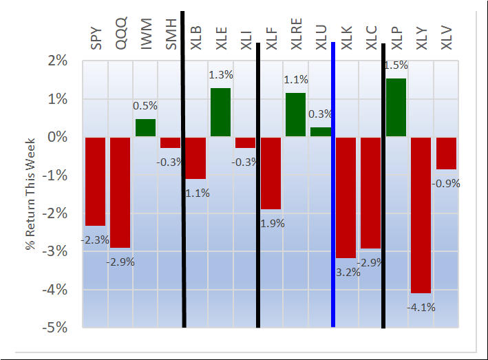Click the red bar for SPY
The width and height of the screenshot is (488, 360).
(x=95, y=181)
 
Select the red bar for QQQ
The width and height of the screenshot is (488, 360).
(x=120, y=192)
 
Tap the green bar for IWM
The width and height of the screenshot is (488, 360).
(x=145, y=128)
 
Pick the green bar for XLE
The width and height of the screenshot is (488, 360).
(x=220, y=112)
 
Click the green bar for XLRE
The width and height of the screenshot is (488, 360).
(x=295, y=115)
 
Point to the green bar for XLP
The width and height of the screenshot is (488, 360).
(x=396, y=107)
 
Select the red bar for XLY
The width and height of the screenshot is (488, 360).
(x=421, y=215)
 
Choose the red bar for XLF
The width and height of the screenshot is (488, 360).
(x=270, y=173)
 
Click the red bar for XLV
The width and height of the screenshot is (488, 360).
(x=446, y=153)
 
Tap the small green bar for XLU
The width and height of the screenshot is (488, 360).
(x=320, y=131)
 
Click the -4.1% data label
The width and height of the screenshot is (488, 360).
(x=421, y=308)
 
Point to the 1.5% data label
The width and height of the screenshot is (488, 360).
(x=396, y=66)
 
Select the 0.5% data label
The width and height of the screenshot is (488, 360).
(x=145, y=106)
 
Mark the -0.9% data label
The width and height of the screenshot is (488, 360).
(x=446, y=184)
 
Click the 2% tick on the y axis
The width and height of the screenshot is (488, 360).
(x=57, y=61)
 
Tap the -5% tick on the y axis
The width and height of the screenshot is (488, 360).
(x=56, y=327)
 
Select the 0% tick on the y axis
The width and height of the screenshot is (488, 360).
(x=57, y=137)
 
